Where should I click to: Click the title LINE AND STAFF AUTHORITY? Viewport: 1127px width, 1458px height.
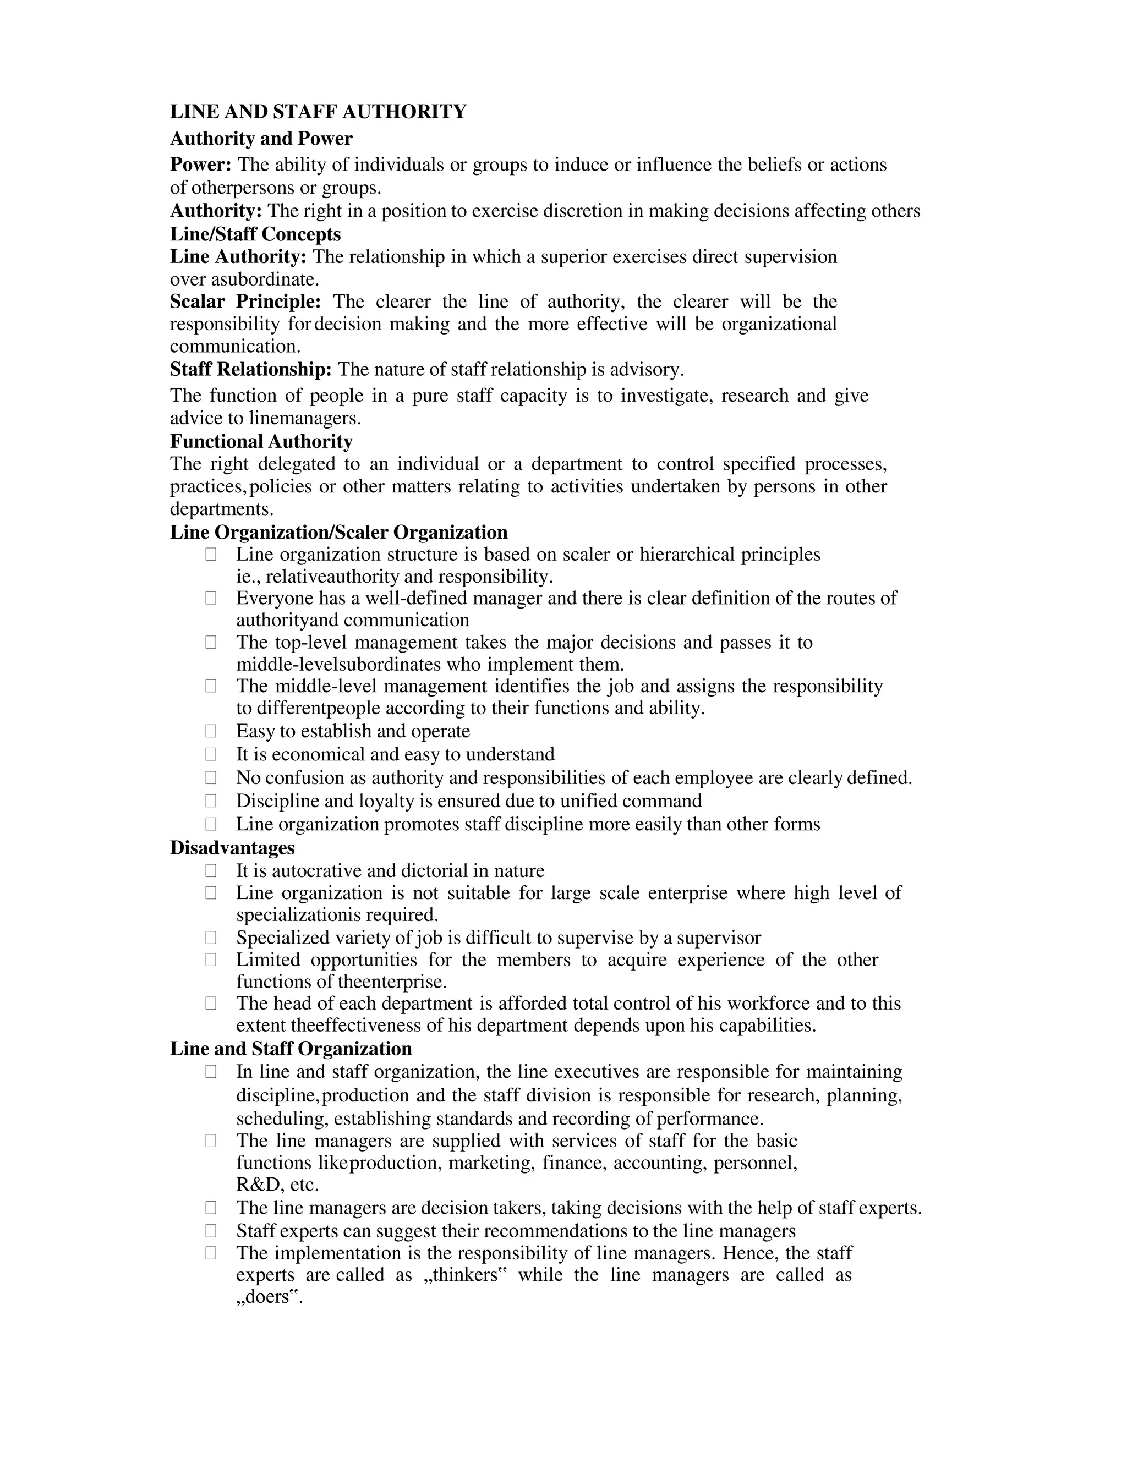[x=318, y=112]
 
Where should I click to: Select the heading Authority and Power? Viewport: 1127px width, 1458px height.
[x=261, y=138]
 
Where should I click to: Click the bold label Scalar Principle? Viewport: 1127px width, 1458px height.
[x=245, y=301]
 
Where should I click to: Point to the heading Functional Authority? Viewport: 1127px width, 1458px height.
[x=261, y=441]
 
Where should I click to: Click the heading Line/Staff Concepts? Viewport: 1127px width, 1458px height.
[x=255, y=234]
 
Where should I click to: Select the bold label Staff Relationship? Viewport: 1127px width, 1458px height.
[x=250, y=369]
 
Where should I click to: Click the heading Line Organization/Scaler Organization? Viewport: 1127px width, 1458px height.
[x=338, y=532]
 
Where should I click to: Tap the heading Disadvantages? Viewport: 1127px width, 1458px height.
[x=232, y=847]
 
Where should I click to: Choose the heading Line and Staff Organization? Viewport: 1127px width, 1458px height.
[x=291, y=1048]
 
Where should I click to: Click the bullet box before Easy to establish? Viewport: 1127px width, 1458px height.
[x=211, y=731]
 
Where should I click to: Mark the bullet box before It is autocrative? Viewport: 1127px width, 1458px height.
[x=211, y=870]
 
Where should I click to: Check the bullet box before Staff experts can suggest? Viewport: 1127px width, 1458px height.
[x=211, y=1230]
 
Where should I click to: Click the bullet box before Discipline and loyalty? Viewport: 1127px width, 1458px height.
[x=211, y=801]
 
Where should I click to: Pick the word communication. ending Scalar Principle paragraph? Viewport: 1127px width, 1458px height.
[x=235, y=347]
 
